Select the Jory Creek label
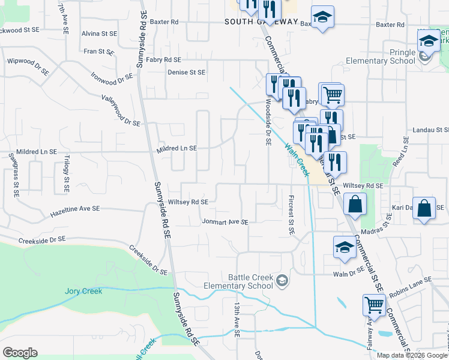point(83,292)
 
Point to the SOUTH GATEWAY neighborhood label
point(261,22)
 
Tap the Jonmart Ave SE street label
point(224,221)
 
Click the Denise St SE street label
point(186,72)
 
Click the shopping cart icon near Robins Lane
point(374,305)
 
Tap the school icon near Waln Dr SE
point(345,247)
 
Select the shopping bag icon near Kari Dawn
point(424,209)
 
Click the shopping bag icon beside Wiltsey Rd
point(355,204)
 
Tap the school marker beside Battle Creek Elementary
point(281,280)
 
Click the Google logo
point(20,353)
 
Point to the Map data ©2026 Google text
point(412,355)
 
